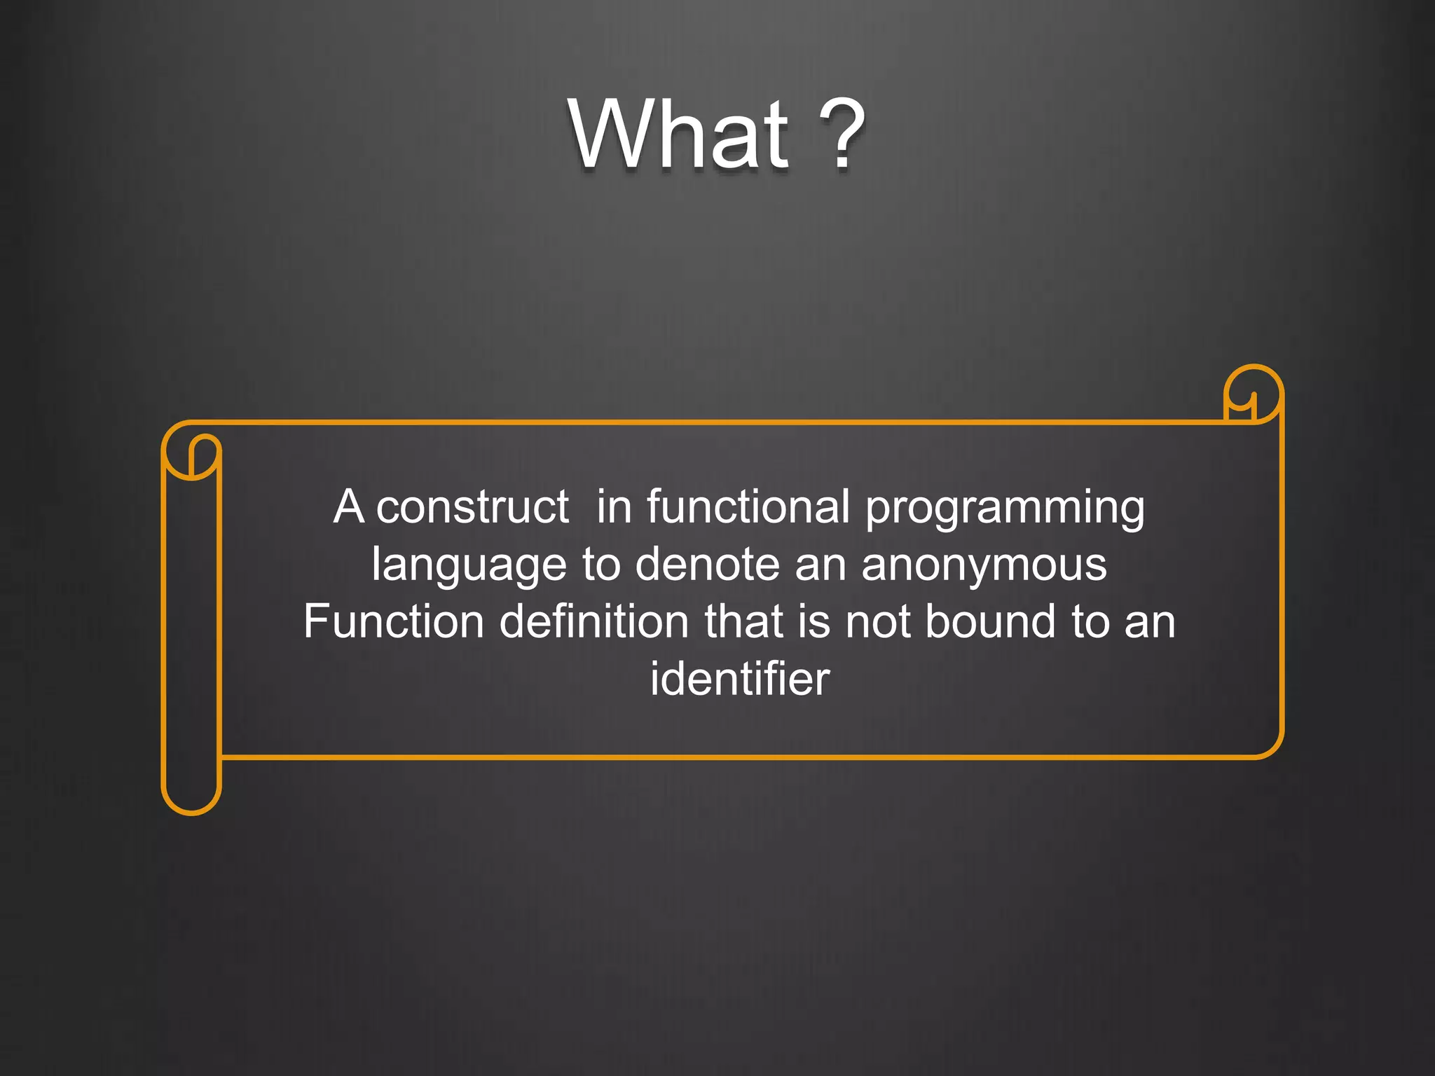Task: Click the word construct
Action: click(x=472, y=507)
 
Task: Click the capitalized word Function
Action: click(x=394, y=621)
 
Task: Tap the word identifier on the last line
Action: click(x=739, y=679)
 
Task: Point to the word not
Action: click(x=877, y=621)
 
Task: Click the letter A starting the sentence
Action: click(x=348, y=506)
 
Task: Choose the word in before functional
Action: click(x=614, y=506)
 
